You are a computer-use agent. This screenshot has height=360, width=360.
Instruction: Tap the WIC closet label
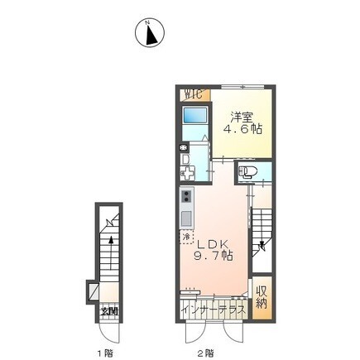pyautogui.click(x=193, y=93)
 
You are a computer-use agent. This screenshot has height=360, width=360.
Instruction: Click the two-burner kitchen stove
pyautogui.click(x=186, y=199)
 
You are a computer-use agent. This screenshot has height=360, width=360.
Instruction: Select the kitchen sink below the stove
pyautogui.click(x=186, y=219)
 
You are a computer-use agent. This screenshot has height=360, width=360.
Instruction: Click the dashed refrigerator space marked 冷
pyautogui.click(x=187, y=238)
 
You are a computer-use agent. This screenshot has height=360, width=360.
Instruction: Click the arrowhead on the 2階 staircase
pyautogui.click(x=262, y=246)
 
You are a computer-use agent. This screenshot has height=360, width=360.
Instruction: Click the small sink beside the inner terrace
pyautogui.click(x=190, y=291)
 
